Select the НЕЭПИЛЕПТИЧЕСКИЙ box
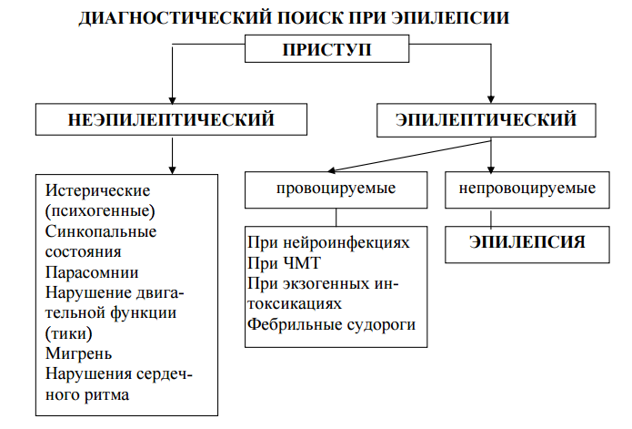pos(171,119)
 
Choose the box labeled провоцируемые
pos(336,189)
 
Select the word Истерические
pos(96,191)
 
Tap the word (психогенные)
pos(100,211)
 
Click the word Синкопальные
pos(100,231)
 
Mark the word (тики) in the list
pos(68,332)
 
